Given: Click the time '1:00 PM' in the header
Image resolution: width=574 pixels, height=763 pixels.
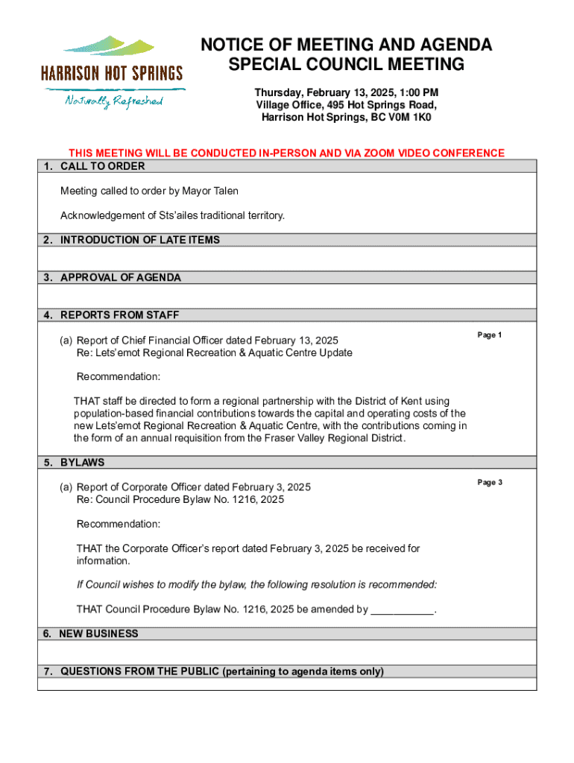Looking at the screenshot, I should click(x=416, y=92).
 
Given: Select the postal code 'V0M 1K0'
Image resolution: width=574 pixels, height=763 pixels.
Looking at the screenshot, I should click(x=409, y=118).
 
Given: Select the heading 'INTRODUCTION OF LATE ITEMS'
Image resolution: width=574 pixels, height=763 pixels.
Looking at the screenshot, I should click(x=140, y=240).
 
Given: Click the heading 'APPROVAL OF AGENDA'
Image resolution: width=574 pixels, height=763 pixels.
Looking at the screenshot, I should click(x=121, y=277).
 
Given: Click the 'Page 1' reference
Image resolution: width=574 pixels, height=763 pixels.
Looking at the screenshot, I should click(x=490, y=335).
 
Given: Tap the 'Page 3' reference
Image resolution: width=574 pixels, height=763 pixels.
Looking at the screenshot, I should click(x=490, y=483).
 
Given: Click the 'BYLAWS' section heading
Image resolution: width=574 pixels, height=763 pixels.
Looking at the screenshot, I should click(x=82, y=462).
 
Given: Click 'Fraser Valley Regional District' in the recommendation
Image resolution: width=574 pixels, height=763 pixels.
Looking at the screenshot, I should click(x=334, y=438).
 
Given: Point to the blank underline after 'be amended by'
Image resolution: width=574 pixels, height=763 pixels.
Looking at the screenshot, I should click(x=402, y=610).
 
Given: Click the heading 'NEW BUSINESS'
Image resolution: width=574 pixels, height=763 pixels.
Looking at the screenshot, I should click(x=99, y=633).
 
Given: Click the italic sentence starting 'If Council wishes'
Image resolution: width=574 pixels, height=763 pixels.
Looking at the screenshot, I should click(x=256, y=583).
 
